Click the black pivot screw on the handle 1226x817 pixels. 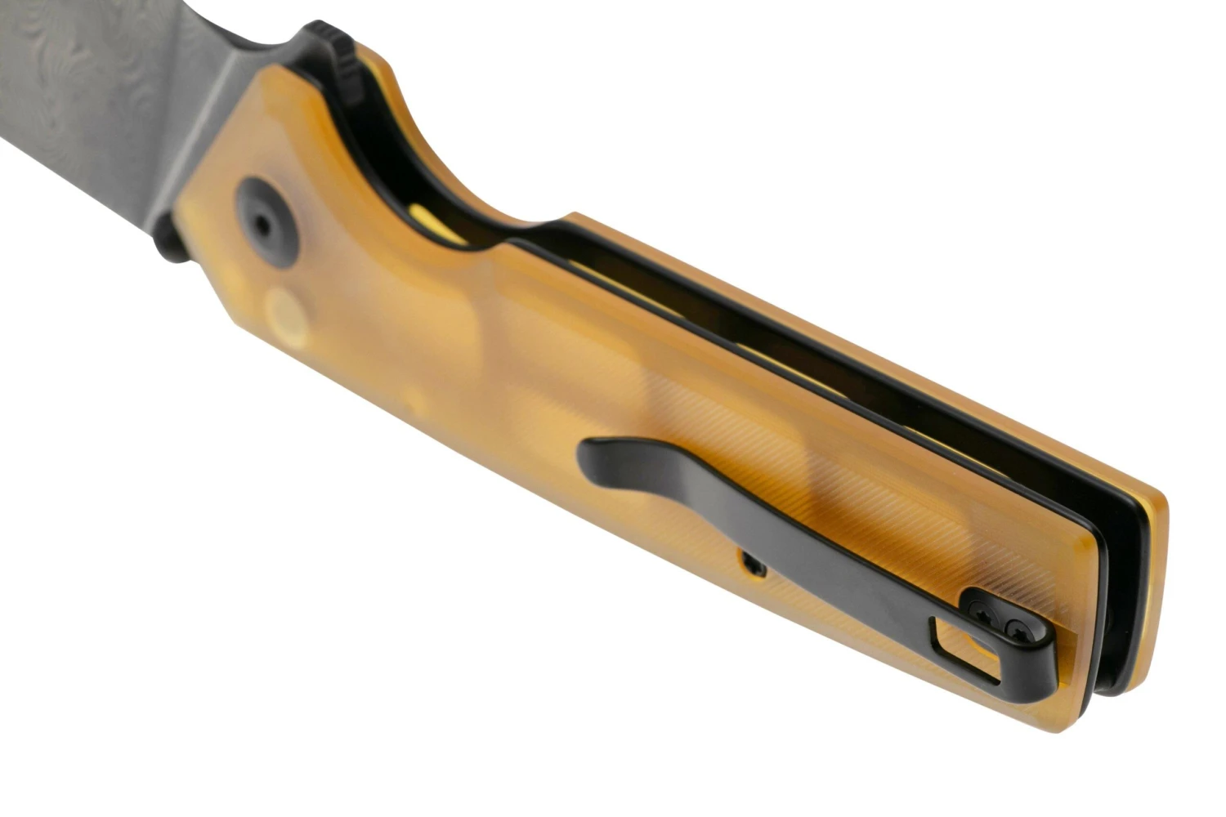(266, 223)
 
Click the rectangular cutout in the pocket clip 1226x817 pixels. (964, 646)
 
